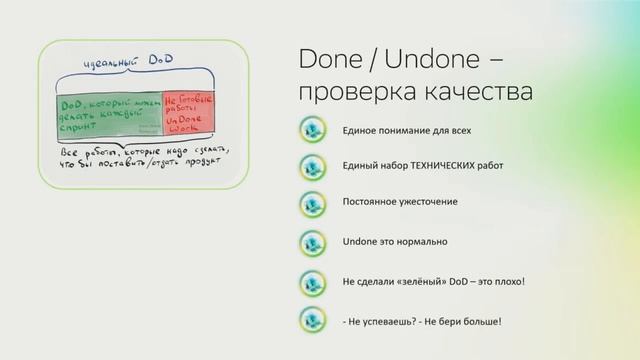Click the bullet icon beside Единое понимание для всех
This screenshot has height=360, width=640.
click(x=312, y=131)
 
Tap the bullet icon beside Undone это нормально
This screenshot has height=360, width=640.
click(x=312, y=242)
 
